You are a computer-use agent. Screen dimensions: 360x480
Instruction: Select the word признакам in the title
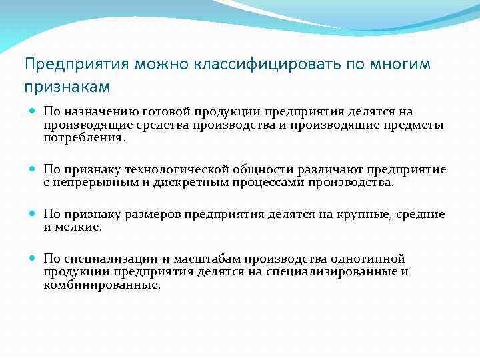(67, 87)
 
